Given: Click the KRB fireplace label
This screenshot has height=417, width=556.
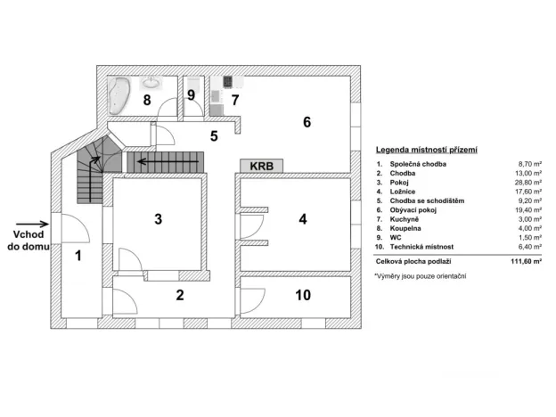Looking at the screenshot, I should [x=261, y=166].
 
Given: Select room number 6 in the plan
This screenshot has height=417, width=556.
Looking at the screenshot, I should [x=306, y=122].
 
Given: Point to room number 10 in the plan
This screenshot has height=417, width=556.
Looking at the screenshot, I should [x=303, y=295].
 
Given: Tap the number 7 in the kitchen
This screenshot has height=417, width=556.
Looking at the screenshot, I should [x=235, y=99].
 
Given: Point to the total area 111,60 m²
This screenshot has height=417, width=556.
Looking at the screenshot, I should [x=503, y=260].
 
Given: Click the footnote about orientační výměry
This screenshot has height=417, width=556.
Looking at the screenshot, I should [x=420, y=277].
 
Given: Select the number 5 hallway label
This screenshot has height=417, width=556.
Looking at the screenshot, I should [x=214, y=136].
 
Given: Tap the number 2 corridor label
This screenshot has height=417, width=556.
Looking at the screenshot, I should [x=179, y=295].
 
